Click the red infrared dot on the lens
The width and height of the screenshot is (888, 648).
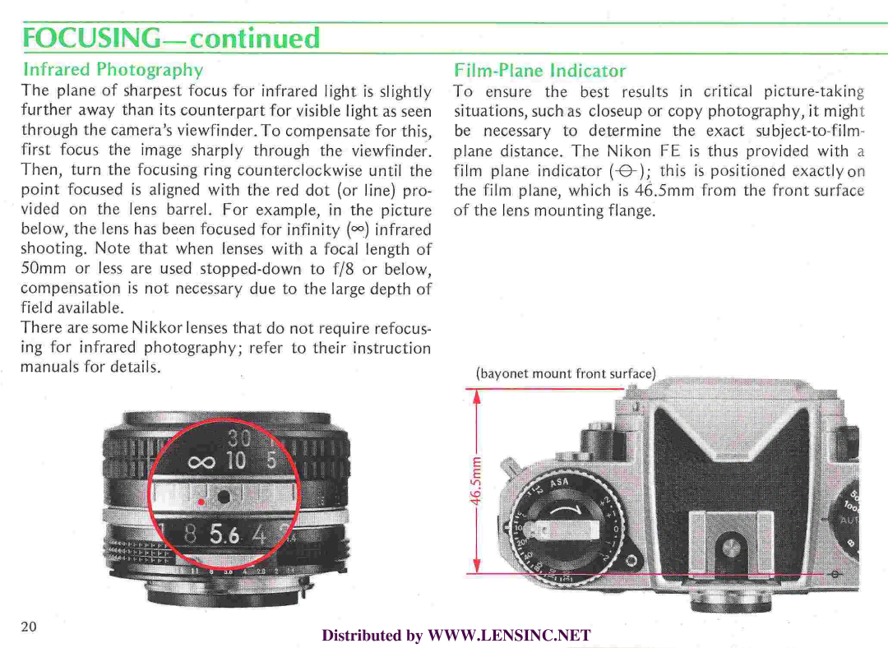tap(201, 500)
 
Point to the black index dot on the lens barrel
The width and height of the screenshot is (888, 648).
tap(224, 496)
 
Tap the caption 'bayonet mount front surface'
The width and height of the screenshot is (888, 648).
tap(566, 373)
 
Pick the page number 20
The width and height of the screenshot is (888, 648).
tap(29, 627)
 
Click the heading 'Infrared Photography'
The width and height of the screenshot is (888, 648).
tap(113, 69)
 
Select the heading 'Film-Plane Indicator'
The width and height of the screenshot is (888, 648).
tap(539, 71)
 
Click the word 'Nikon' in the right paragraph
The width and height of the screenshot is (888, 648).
tap(628, 150)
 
